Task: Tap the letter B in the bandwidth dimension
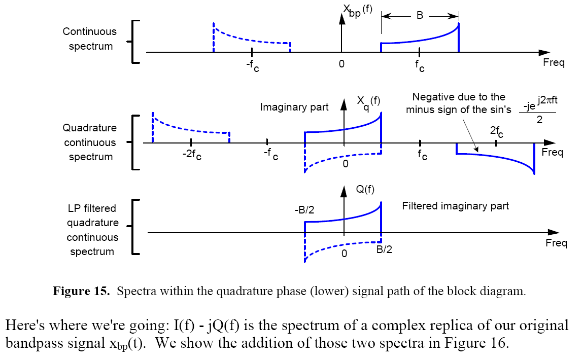tap(420, 16)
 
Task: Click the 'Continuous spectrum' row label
tap(89, 39)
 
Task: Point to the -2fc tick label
tap(192, 156)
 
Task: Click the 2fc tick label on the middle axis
tap(497, 132)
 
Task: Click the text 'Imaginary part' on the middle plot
tap(294, 107)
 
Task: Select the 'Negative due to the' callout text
tap(459, 97)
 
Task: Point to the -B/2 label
tap(304, 210)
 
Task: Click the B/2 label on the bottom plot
tap(384, 249)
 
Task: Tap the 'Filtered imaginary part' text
tap(455, 206)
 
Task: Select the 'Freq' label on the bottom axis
tap(556, 243)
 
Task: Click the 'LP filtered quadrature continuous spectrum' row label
tap(92, 230)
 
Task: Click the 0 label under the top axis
tap(341, 64)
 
